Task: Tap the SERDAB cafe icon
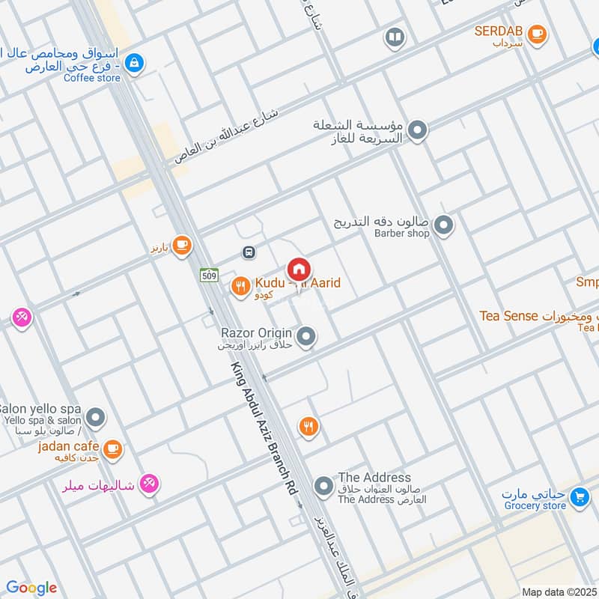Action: pos(536,34)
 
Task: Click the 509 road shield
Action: pos(209,276)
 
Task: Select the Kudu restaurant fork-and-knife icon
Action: pos(240,285)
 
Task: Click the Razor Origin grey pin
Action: pos(305,337)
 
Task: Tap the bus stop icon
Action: pos(249,252)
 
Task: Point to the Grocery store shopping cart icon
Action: pos(578,496)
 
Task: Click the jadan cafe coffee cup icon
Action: pos(112,449)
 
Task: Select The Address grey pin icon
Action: pos(323,487)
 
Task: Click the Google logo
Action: pos(31,588)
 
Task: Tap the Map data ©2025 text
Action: pos(559,592)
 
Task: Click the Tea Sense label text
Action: pos(509,316)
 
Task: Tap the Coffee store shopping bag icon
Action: pos(134,63)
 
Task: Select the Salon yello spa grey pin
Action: pos(95,417)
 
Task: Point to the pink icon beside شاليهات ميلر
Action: pos(150,484)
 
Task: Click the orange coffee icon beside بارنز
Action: pos(180,245)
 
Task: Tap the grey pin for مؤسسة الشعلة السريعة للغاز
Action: pos(419,131)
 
